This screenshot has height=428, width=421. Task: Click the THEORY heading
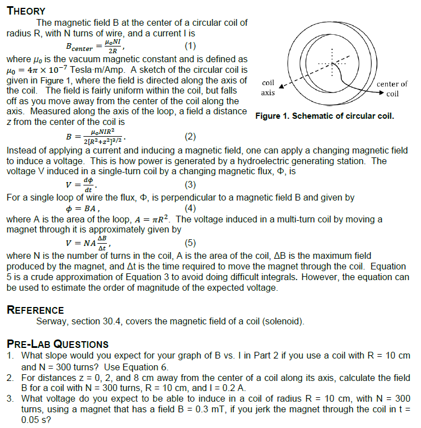click(x=26, y=11)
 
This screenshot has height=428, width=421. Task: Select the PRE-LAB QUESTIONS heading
click(x=57, y=344)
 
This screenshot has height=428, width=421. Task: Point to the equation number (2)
click(x=190, y=136)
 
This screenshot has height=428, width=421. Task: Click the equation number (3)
click(x=190, y=184)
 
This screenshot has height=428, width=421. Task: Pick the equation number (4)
click(x=190, y=209)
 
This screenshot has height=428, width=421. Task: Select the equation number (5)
click(x=190, y=243)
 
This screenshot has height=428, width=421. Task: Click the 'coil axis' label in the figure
click(x=268, y=88)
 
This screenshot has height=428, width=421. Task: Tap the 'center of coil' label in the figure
click(x=392, y=89)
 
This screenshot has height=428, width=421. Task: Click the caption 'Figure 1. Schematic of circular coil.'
click(x=324, y=117)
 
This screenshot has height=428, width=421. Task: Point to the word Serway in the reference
click(x=52, y=322)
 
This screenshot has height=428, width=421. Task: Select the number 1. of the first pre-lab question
click(x=11, y=356)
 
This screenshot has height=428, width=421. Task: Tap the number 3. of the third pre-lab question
click(x=11, y=398)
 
